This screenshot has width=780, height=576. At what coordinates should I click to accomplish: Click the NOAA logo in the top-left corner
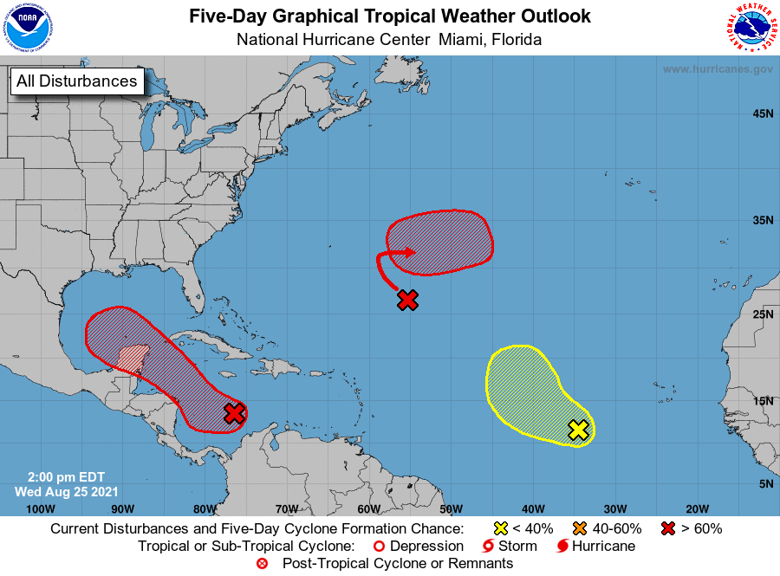point(28,28)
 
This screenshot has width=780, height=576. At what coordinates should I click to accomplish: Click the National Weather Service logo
point(751,29)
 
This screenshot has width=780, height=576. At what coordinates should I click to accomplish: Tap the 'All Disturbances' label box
point(76,81)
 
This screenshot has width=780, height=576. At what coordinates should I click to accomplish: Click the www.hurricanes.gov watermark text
point(718,69)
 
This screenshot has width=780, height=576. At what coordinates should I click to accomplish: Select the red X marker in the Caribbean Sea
point(234,413)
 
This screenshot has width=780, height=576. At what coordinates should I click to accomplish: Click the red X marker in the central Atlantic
point(408,300)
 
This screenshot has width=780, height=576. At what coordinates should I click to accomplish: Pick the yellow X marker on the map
point(578,430)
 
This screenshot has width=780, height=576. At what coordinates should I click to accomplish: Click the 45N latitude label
point(763,113)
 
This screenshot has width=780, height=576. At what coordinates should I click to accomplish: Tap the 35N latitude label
point(763,221)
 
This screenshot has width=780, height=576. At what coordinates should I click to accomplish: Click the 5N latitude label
point(765,483)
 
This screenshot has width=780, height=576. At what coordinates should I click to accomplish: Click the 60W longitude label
point(368,508)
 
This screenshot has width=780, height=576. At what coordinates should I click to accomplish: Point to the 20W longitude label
point(697,508)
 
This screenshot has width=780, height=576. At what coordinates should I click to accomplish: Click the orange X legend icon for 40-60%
point(579,528)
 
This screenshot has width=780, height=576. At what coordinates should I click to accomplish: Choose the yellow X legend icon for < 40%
point(500,528)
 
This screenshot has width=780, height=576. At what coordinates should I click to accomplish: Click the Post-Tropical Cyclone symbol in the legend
point(263,564)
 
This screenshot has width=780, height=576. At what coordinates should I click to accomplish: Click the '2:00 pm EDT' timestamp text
point(61,476)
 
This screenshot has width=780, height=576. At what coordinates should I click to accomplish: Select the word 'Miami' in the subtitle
point(461,39)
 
